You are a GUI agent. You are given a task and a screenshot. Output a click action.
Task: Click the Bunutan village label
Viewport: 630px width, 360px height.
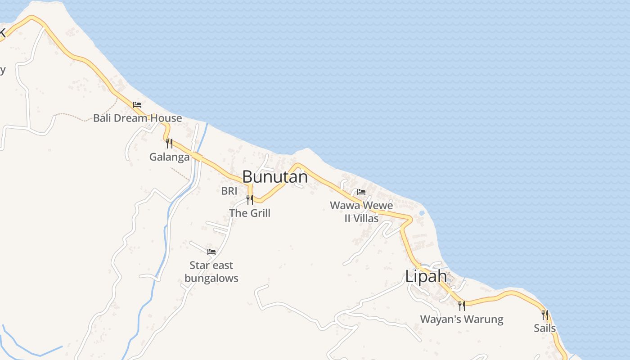[275, 177]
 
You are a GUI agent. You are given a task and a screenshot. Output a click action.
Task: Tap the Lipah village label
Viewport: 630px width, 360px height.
[426, 276]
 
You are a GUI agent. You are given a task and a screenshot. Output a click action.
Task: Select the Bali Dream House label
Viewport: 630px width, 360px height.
[137, 118]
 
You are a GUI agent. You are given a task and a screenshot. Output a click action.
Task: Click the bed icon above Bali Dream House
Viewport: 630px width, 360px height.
[137, 105]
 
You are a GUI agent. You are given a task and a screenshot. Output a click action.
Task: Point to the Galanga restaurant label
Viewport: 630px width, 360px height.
[169, 157]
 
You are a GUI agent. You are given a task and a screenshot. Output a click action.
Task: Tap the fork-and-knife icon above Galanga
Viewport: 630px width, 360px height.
[169, 144]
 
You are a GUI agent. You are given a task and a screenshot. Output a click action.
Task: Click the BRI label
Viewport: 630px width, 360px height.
[229, 191]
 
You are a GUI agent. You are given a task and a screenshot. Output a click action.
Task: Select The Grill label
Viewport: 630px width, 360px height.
[250, 213]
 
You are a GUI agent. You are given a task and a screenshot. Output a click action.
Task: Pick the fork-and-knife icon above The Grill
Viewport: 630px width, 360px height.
[250, 200]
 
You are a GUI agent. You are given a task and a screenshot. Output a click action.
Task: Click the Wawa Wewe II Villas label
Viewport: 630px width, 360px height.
[361, 212]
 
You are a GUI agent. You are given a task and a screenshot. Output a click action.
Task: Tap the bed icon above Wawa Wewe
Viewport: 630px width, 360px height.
[361, 192]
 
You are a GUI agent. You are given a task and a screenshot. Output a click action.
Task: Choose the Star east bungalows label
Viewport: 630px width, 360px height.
[211, 272]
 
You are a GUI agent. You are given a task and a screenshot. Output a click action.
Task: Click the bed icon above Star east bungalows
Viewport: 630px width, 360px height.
[211, 252]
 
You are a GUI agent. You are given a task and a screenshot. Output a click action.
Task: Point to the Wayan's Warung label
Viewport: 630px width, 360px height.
[462, 319]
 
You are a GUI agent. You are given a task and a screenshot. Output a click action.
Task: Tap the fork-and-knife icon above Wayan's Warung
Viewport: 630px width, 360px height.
[462, 306]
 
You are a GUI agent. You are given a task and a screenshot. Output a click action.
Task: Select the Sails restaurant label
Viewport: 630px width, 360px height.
[545, 328]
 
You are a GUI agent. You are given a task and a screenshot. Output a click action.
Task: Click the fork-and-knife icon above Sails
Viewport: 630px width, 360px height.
[545, 315]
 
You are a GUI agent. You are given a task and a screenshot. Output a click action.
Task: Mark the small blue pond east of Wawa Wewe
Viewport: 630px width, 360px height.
[422, 213]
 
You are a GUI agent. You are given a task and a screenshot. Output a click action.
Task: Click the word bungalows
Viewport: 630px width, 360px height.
[211, 278]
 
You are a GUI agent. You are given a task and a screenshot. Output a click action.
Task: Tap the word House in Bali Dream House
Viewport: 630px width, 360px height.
[165, 118]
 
